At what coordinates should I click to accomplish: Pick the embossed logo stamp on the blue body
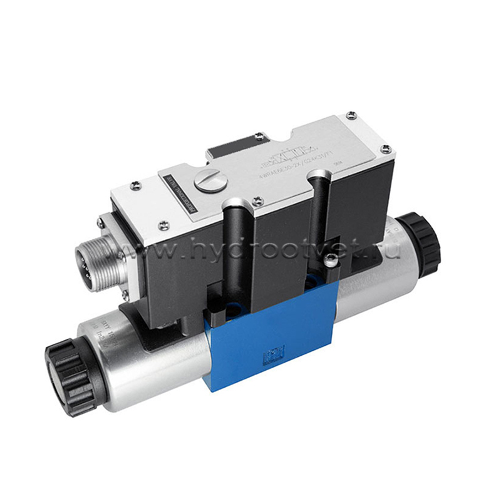point(274,356)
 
